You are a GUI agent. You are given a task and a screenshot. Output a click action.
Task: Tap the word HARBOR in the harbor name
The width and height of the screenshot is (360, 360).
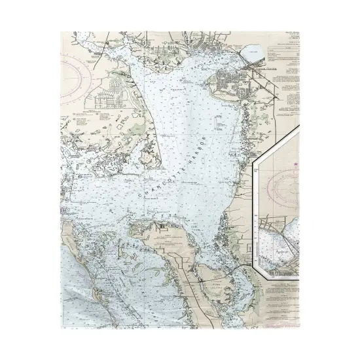[x=196, y=148]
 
